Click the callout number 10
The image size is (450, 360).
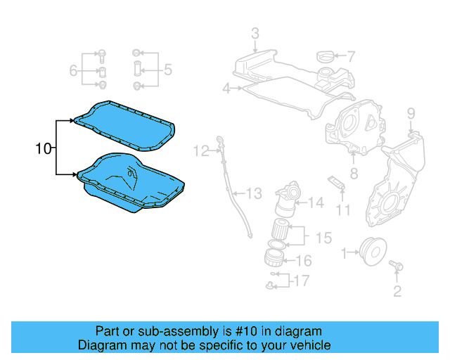point(44,148)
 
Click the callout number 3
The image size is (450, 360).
point(255,33)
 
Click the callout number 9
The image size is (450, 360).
point(411,113)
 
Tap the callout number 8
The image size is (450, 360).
point(354,172)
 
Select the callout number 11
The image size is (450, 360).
point(342,209)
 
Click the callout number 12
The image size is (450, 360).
point(202,150)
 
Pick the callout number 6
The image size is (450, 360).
point(72,70)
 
